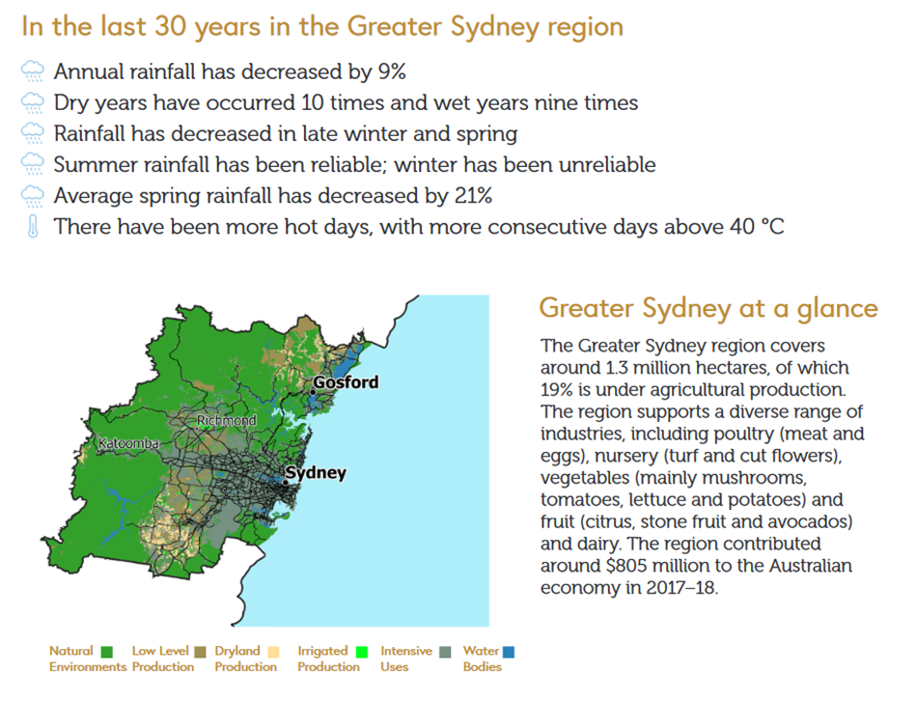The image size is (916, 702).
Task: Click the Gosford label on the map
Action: coord(346,382)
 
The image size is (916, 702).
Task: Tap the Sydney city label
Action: coord(316,472)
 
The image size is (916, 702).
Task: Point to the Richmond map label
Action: coord(226,420)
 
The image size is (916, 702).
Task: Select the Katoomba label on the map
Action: coord(128,443)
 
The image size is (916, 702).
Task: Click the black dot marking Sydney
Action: coord(285,482)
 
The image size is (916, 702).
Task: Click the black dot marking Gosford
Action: coord(313,392)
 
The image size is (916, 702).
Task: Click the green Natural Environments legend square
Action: coord(107,652)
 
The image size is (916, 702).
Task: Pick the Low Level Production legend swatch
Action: coord(201,652)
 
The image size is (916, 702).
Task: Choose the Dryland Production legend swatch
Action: coord(273,652)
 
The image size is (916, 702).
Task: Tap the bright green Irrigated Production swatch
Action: coord(362,652)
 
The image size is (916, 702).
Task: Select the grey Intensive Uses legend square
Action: coord(445,652)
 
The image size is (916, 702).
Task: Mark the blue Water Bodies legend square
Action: coord(509,652)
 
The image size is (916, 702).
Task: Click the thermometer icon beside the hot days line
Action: coord(33,226)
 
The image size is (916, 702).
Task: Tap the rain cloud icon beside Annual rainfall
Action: coord(33,71)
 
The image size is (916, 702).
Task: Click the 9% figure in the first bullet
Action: coord(392,71)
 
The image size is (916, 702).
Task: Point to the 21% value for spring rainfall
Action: coord(473,195)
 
